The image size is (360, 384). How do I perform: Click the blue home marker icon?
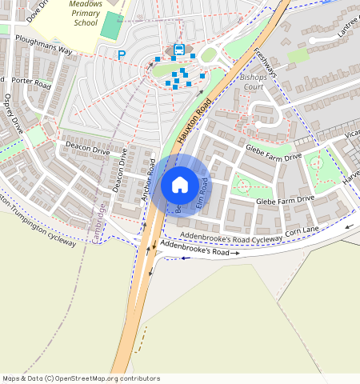180,185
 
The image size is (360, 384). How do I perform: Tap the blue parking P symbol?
122,55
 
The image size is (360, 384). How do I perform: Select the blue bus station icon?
178,50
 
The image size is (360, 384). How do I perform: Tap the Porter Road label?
32,82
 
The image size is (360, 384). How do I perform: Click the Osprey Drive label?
15,115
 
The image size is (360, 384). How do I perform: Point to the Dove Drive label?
37,10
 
